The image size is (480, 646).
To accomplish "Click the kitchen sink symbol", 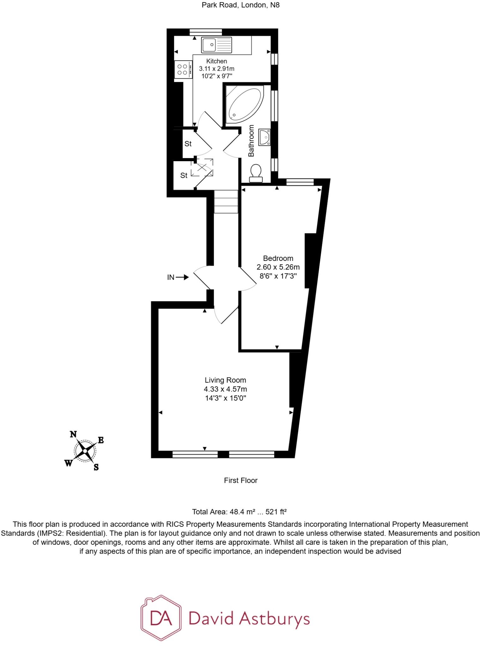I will pyautogui.click(x=217, y=45).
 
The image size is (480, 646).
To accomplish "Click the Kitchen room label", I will pyautogui.click(x=217, y=61).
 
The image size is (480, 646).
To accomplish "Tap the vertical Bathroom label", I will pyautogui.click(x=251, y=141).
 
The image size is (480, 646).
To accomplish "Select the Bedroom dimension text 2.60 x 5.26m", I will pyautogui.click(x=278, y=267).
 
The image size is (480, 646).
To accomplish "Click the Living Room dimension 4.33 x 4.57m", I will pyautogui.click(x=225, y=389).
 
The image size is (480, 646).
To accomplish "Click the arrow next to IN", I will pyautogui.click(x=182, y=278).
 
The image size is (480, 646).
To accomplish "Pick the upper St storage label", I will pyautogui.click(x=188, y=144).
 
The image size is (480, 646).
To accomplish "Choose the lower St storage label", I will pyautogui.click(x=184, y=175).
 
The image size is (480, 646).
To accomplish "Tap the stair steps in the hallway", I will pyautogui.click(x=226, y=202).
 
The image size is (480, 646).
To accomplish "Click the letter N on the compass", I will pyautogui.click(x=73, y=434).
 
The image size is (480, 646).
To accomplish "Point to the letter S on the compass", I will pyautogui.click(x=96, y=467).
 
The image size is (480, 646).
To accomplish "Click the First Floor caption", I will pyautogui.click(x=241, y=480).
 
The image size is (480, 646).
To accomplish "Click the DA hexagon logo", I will pyautogui.click(x=161, y=618).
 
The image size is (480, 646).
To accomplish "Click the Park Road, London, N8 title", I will pyautogui.click(x=241, y=5).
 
